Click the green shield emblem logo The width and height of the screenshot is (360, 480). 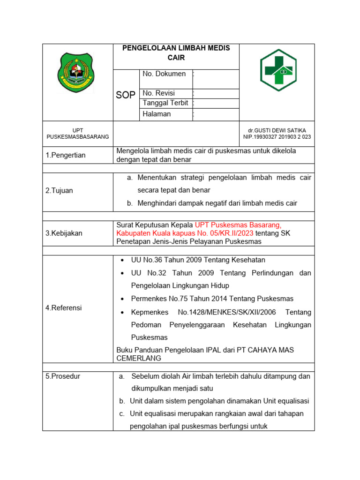click(77, 73)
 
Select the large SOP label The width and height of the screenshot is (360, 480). click(126, 95)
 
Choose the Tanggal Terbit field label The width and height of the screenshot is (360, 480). click(165, 103)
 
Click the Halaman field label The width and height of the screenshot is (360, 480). click(157, 114)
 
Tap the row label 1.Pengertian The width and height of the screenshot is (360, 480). click(66, 155)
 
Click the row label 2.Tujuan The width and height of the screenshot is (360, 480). click(59, 191)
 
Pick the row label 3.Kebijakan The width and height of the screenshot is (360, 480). click(64, 233)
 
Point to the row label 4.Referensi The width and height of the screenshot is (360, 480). click(63, 308)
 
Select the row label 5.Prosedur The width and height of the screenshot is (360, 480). click(62, 376)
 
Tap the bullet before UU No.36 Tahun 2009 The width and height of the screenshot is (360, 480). click(122, 260)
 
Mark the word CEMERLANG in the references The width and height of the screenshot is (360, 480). click(139, 358)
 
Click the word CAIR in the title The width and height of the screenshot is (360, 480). click(176, 58)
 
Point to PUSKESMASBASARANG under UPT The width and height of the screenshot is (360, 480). click(77, 136)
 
